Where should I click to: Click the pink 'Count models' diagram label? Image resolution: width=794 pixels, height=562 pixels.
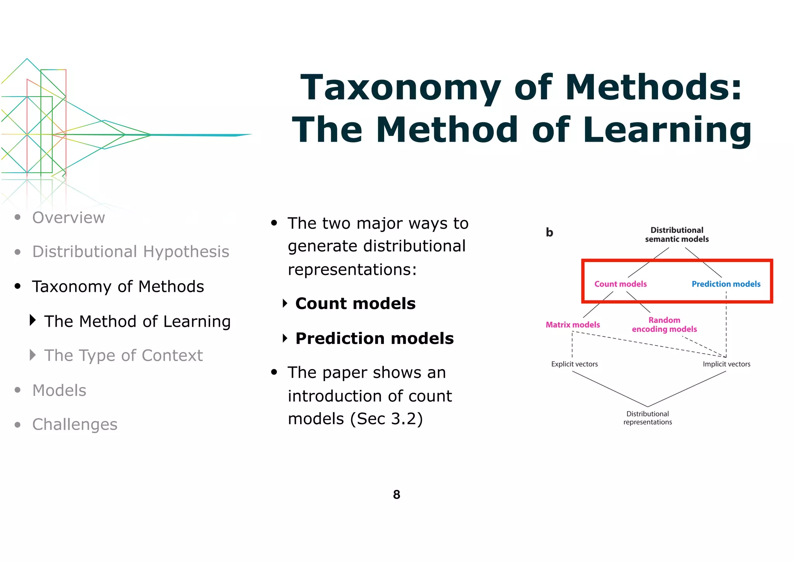[x=620, y=284]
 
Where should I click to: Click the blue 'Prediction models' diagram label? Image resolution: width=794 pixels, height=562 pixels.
[x=726, y=284]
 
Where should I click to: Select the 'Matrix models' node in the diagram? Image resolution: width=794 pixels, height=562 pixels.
[x=573, y=325]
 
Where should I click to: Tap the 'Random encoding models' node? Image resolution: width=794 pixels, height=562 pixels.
[x=664, y=325]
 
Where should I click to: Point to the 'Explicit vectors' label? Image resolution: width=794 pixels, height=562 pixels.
[x=574, y=364]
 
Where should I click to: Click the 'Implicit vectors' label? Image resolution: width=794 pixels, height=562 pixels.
[x=726, y=364]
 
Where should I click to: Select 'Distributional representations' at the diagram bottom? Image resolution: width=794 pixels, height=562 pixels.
[x=647, y=418]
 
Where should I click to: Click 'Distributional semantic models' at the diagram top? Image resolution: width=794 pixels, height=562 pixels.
[x=677, y=235]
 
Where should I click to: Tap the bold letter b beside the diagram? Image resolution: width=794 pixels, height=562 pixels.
[x=549, y=232]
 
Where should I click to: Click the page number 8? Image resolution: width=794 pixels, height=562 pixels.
[x=396, y=494]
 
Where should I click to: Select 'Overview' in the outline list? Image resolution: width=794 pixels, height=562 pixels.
[x=69, y=218]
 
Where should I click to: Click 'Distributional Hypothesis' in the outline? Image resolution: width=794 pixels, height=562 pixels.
[x=131, y=252]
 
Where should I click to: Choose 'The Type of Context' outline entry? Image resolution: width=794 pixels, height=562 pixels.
[x=123, y=356]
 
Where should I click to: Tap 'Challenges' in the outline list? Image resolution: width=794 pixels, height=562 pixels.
[x=75, y=425]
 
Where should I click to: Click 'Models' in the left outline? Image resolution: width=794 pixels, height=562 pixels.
[x=59, y=390]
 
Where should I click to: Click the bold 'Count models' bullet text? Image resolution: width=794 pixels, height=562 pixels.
[x=355, y=304]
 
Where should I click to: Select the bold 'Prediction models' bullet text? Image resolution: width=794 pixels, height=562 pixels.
[x=374, y=338]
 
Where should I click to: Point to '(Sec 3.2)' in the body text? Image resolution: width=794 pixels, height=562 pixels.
[x=386, y=419]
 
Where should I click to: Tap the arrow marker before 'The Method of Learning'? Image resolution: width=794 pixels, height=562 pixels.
[x=33, y=320]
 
